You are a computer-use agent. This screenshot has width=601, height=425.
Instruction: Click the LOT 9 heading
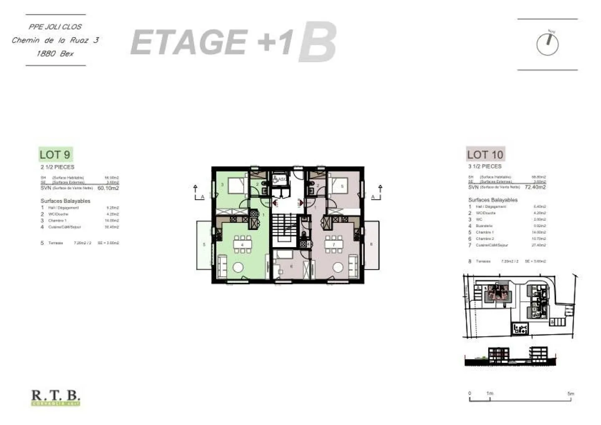coord(55,154)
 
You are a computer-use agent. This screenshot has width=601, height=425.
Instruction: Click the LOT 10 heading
coord(485,154)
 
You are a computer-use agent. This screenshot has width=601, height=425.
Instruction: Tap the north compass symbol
coord(547,44)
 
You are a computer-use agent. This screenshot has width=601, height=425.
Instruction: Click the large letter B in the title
coord(317,43)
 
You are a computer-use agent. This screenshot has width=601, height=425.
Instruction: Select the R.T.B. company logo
coord(56,397)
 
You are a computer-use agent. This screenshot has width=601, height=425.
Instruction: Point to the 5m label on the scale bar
coord(571,393)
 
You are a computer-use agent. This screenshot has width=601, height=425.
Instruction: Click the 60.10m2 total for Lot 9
coord(108,188)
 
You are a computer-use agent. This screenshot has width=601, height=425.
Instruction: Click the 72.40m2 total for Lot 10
coord(535,187)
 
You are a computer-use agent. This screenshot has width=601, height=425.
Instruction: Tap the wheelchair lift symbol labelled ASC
coord(279,180)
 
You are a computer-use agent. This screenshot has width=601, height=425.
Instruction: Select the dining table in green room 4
coord(242,244)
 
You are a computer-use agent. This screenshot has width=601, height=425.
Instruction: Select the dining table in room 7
coord(333,244)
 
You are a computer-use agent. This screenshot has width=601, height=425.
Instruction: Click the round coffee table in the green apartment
coord(238,267)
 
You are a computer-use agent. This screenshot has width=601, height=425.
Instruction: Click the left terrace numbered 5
coord(204,245)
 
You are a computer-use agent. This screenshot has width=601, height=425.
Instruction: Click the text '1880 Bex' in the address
coord(55,53)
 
